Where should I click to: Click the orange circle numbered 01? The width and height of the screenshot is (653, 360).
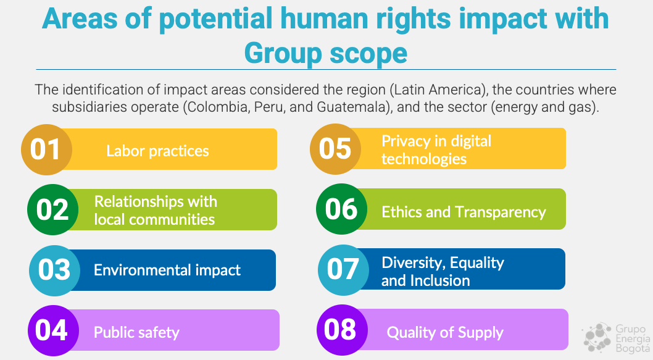(x=47, y=149)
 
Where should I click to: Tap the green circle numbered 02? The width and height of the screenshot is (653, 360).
(x=53, y=209)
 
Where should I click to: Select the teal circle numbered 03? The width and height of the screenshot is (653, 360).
(x=54, y=270)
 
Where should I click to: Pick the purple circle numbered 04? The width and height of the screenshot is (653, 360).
(x=53, y=330)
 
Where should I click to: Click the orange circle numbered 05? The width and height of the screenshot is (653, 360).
(x=336, y=149)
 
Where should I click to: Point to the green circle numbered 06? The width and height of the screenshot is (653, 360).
(x=341, y=209)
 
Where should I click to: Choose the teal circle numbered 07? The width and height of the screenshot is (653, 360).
(x=344, y=270)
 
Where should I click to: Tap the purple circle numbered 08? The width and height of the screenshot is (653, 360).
(x=343, y=330)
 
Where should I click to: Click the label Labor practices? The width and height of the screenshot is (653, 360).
(x=157, y=151)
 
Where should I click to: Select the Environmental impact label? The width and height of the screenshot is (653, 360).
(x=167, y=270)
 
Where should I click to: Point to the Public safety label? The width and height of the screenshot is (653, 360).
(x=136, y=332)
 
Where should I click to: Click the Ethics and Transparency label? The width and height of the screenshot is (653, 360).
(x=464, y=212)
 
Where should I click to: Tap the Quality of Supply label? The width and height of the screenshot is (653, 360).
(x=445, y=332)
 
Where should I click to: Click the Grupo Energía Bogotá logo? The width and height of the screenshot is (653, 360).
(x=617, y=338)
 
